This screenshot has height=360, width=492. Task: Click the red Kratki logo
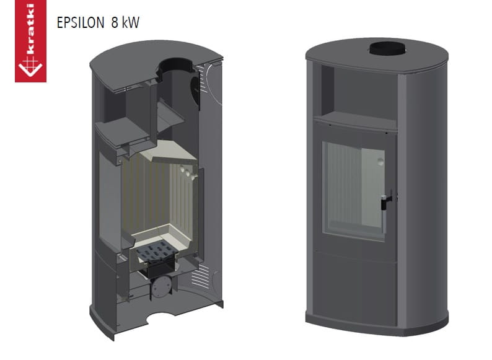click(31, 41)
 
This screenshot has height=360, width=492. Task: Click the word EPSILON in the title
click(81, 22)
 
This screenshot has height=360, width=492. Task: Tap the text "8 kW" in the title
click(125, 22)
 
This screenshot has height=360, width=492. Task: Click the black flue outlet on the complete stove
click(387, 49)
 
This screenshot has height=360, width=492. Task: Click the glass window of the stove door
click(354, 191)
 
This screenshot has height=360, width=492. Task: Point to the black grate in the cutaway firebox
click(157, 251)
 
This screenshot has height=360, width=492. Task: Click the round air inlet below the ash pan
click(161, 286)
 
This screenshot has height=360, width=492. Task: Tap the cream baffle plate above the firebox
click(169, 152)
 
